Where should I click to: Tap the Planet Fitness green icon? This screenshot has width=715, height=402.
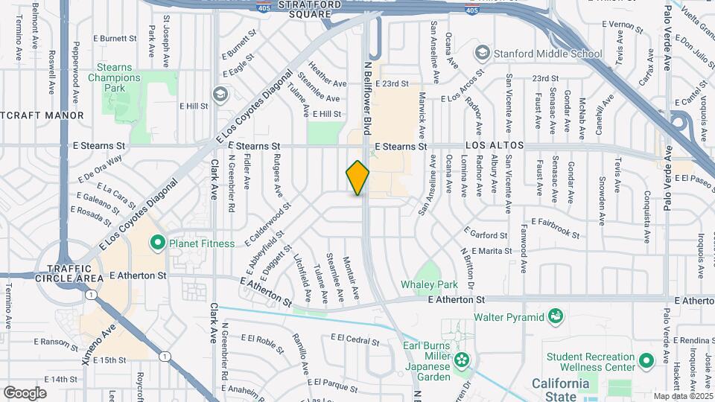157,242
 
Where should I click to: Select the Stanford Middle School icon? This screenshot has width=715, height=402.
482,54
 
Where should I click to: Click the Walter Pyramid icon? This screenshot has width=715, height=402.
555,317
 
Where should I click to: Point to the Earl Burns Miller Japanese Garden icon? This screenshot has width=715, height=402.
463,360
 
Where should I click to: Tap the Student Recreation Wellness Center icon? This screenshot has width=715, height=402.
645,361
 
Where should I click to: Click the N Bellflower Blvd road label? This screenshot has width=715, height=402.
367,97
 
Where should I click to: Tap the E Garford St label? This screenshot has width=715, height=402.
485,234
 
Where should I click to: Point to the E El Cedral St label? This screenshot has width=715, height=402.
355,340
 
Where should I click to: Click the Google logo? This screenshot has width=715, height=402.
25,392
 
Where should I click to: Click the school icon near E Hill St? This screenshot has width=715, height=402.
219,94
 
